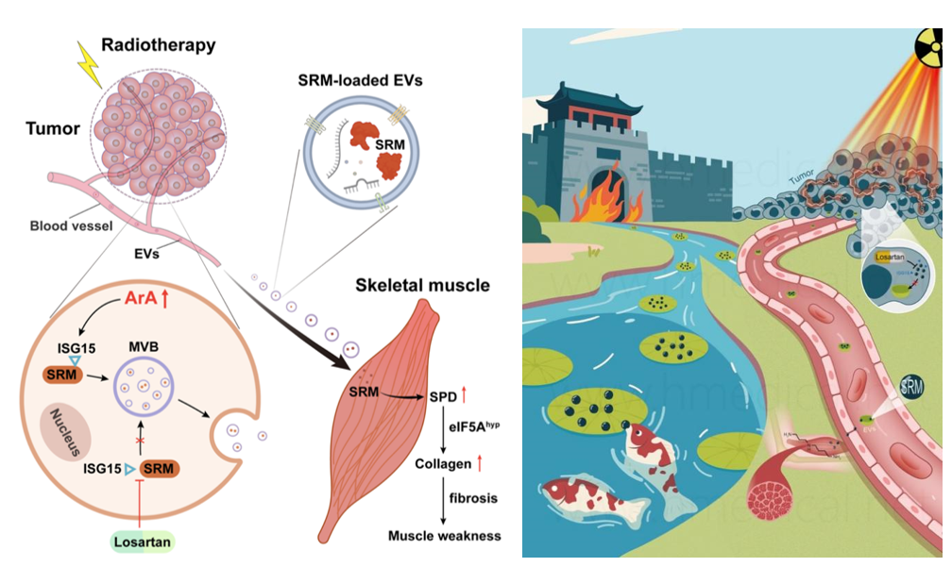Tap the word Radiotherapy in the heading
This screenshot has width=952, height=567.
[158, 44]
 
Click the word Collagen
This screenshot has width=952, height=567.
[443, 463]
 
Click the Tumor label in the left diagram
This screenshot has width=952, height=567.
[52, 128]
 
